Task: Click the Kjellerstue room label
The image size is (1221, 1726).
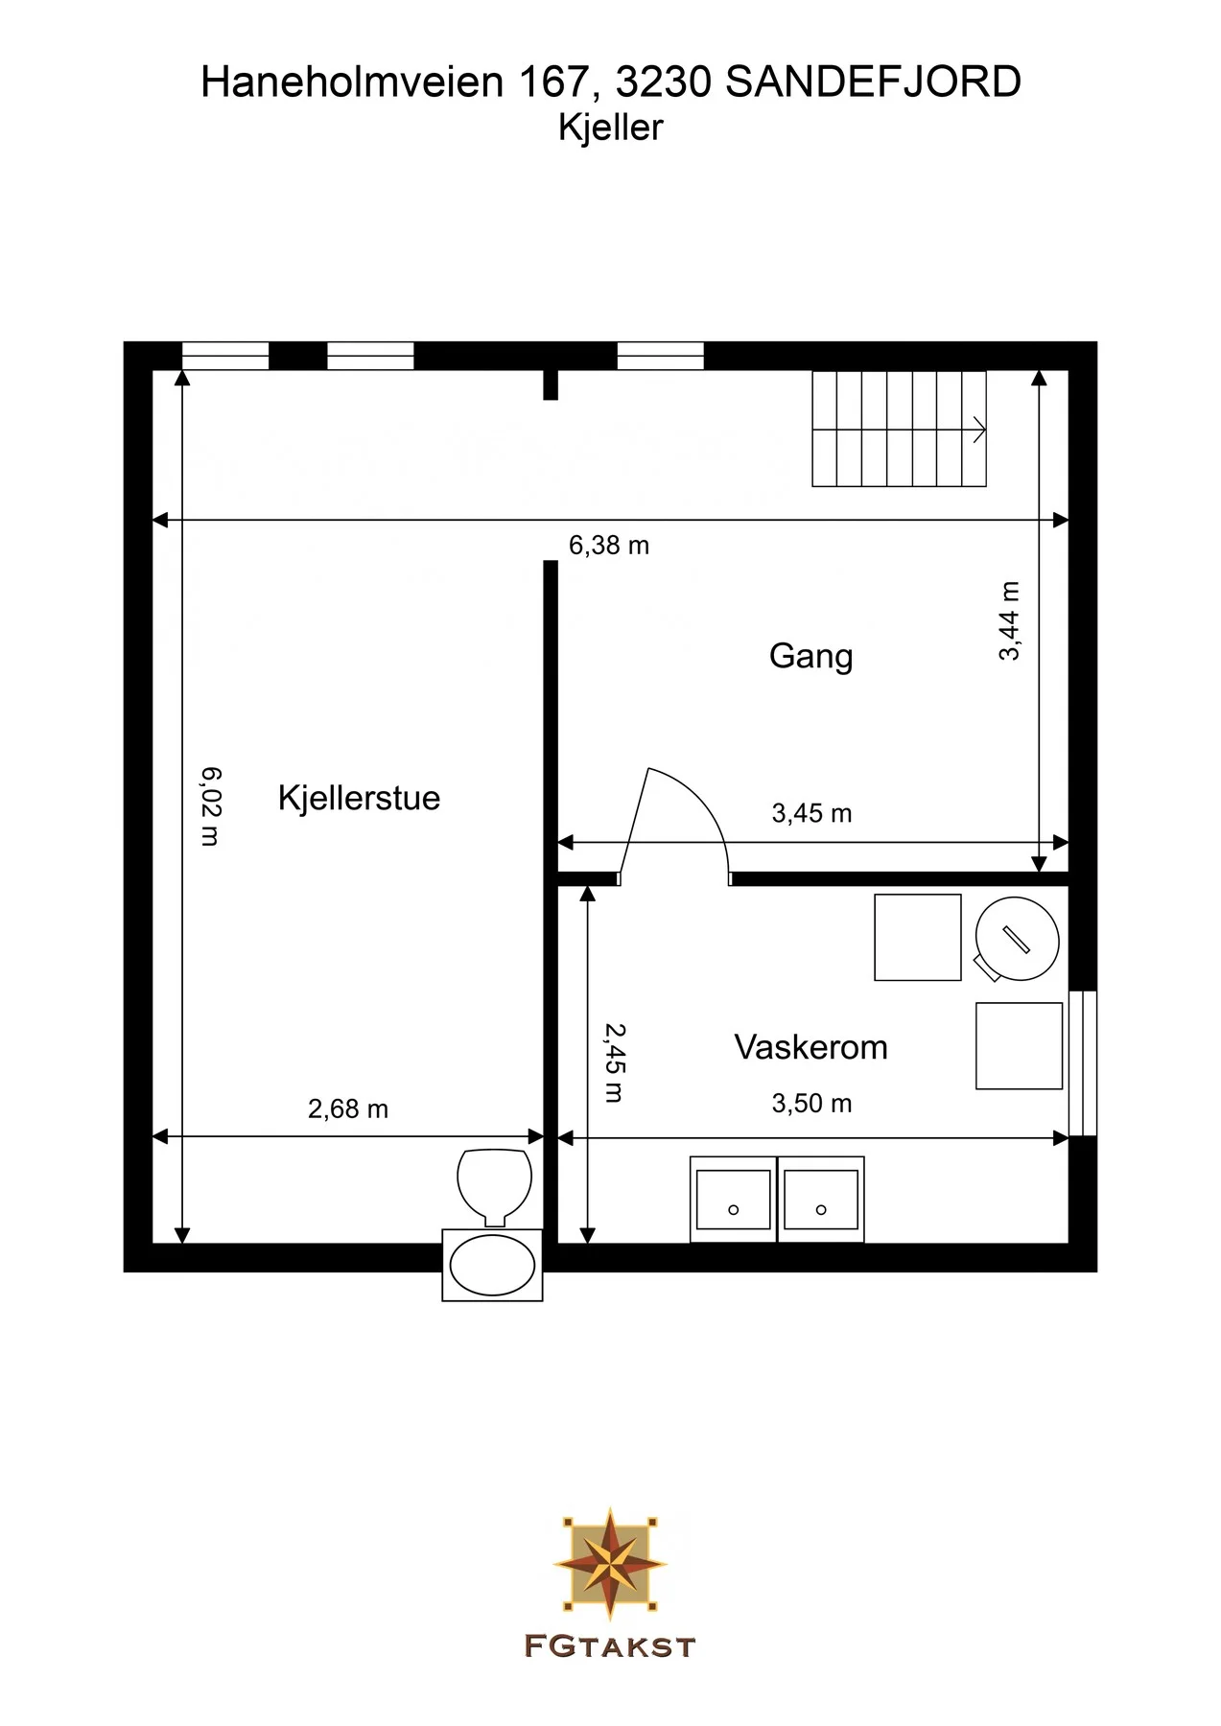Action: (x=359, y=798)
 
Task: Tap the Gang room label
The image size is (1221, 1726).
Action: (x=810, y=657)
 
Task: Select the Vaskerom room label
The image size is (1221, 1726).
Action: (x=810, y=1047)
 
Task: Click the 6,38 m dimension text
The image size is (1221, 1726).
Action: (x=609, y=546)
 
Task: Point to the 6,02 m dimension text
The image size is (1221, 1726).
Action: (x=211, y=805)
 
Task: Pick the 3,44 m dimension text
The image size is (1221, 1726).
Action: (x=1009, y=620)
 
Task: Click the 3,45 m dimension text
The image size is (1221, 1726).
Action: (x=811, y=814)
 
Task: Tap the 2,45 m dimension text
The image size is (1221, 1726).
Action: (x=614, y=1062)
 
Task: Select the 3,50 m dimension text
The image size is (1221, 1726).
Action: (x=811, y=1104)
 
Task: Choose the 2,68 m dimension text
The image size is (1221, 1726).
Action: (x=348, y=1109)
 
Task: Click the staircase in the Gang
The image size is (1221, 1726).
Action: (x=900, y=429)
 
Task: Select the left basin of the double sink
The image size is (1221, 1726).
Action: (x=734, y=1200)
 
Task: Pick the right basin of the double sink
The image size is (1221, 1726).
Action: (x=821, y=1200)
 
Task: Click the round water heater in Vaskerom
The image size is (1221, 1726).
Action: (x=1017, y=939)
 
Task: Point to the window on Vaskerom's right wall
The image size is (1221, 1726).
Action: (x=1083, y=1063)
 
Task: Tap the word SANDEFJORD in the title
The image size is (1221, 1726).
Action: (x=873, y=82)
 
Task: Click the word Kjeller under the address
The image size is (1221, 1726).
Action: (x=611, y=128)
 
